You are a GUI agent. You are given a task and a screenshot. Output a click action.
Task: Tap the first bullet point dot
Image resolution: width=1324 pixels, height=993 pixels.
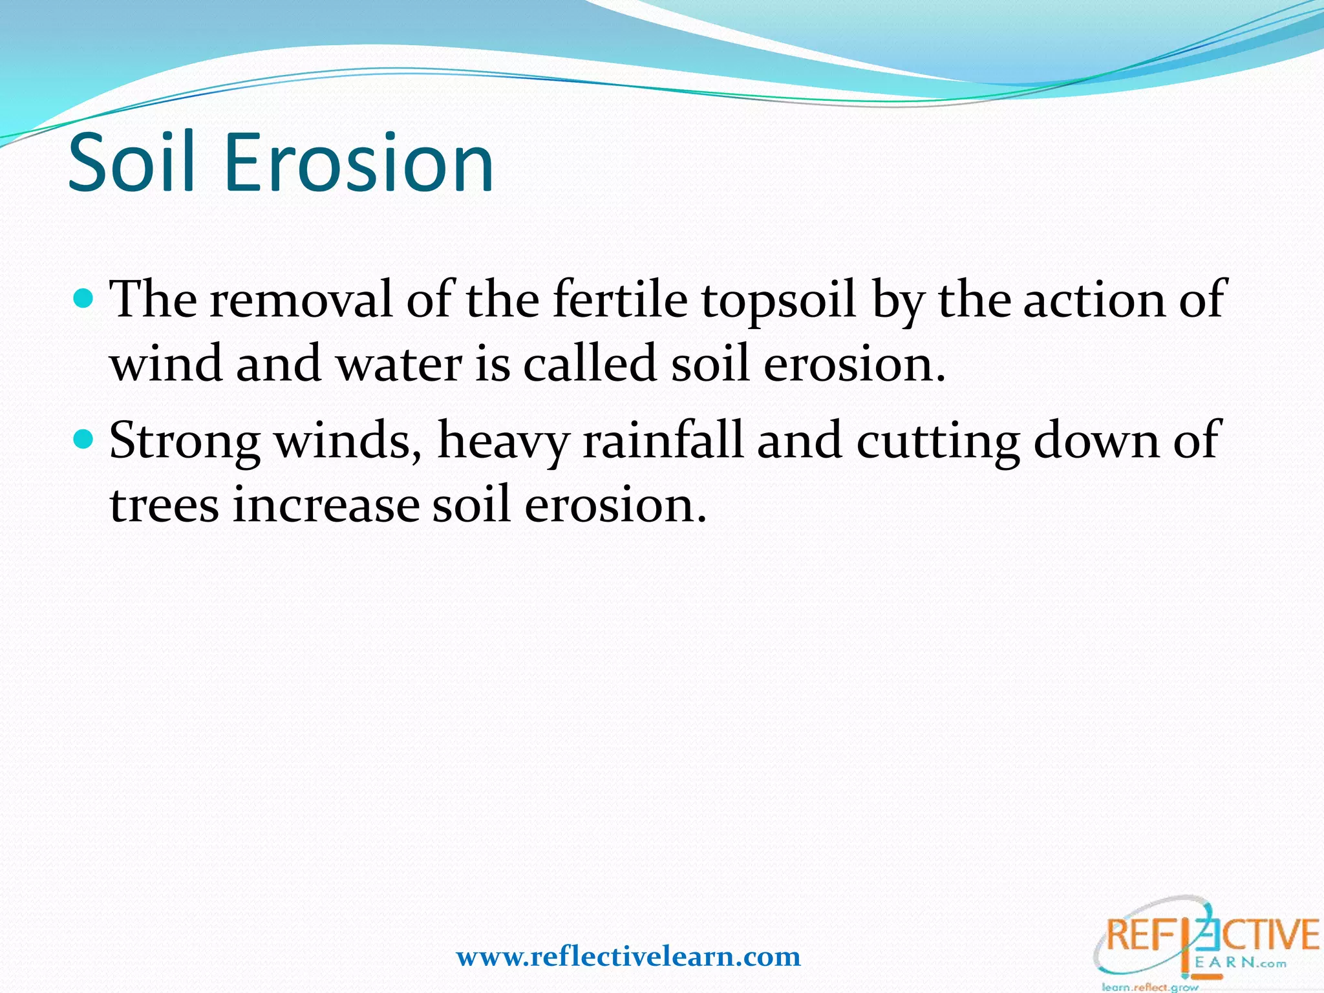[84, 299]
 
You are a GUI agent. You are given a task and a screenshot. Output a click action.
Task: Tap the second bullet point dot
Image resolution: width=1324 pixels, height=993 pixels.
[84, 440]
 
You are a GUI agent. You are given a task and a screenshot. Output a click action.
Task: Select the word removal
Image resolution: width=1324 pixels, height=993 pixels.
[301, 300]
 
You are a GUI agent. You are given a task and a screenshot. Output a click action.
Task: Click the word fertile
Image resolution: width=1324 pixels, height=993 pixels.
[620, 300]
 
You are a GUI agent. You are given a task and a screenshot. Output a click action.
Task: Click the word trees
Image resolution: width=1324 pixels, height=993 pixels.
[164, 505]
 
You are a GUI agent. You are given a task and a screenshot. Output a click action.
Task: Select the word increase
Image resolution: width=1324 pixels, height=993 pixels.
[326, 505]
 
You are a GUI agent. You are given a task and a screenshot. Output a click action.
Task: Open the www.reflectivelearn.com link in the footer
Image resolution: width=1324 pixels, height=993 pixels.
[628, 956]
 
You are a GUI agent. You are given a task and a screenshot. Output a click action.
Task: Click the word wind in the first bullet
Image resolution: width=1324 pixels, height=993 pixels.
[165, 364]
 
